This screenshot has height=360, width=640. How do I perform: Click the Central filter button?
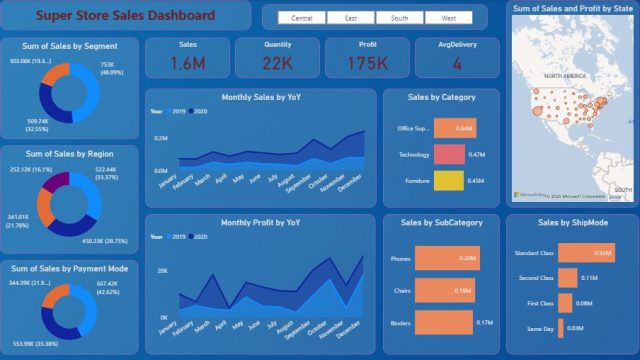point(302,18)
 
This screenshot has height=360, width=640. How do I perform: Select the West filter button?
point(448,18)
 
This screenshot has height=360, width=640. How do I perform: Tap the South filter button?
point(399,18)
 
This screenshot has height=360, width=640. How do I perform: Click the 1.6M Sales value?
point(188,63)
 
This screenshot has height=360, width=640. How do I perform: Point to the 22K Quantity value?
point(278,63)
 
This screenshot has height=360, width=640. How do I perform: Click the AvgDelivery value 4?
point(457,63)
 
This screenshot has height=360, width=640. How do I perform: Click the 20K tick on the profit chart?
point(162,270)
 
